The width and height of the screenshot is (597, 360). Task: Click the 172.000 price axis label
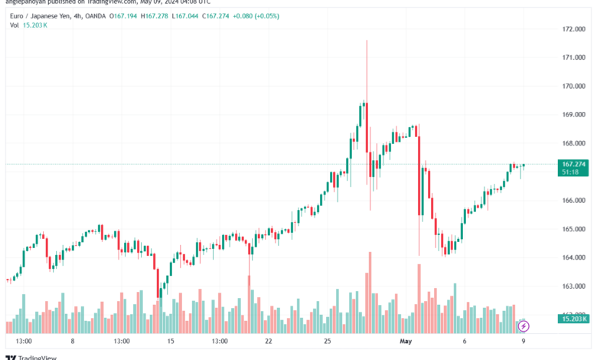573,29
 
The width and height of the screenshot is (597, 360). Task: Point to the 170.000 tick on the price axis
573,86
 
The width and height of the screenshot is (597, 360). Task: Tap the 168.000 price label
573,143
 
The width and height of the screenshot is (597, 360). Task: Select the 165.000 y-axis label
573,229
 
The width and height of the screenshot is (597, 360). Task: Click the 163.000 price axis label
573,286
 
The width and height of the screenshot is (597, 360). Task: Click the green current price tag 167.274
573,164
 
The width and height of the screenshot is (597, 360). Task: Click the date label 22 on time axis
269,341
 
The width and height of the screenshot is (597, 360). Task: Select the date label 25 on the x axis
327,341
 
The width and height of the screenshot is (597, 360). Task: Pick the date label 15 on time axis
171,341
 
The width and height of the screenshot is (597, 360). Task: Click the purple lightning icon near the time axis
524,326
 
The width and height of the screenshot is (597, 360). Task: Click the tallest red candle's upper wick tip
367,41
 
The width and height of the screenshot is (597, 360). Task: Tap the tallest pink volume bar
369,291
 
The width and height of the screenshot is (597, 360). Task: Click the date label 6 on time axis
464,341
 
